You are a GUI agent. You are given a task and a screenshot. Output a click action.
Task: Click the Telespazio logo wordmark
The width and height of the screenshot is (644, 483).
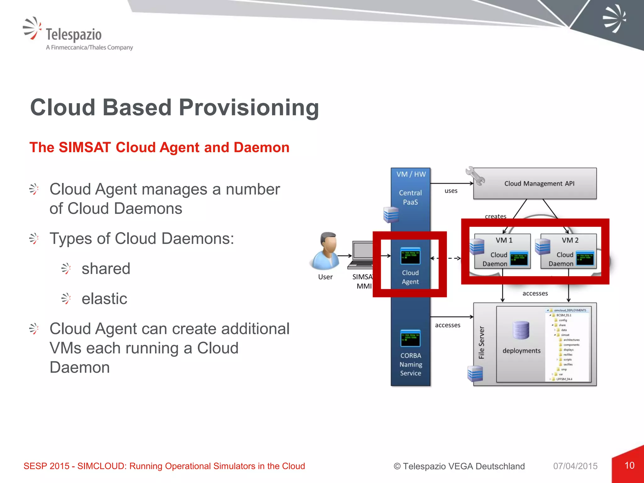coord(74,35)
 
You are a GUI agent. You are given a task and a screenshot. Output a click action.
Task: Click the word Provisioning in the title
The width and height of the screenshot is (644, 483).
coord(249,108)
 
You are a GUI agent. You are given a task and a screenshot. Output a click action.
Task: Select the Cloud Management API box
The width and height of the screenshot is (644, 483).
coord(539,184)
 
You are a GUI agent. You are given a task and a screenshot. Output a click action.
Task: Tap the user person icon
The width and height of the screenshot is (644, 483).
coord(326,251)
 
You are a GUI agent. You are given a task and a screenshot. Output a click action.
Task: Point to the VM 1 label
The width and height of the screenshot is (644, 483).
coord(504,240)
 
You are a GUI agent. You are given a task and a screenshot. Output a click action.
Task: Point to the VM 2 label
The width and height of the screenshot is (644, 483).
coord(570,240)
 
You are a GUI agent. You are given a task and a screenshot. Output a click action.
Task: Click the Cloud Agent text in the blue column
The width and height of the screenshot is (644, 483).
coord(410,277)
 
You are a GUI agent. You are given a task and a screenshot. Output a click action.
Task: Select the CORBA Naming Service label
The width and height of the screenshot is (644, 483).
coord(410,364)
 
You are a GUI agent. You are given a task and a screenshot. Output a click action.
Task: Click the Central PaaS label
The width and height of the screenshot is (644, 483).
coord(410,197)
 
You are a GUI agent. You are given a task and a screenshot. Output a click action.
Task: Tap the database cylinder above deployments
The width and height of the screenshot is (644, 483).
coord(521,330)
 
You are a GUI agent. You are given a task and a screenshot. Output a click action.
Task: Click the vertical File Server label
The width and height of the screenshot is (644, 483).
coord(481,342)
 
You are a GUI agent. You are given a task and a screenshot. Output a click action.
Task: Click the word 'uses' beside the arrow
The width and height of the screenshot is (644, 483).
coord(451,191)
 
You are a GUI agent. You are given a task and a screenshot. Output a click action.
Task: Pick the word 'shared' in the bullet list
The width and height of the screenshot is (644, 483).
coord(106,269)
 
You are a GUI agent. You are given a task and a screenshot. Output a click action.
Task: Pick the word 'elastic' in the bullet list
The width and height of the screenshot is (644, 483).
coord(104,299)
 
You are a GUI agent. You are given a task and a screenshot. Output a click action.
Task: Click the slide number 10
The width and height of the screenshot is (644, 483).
coord(629,465)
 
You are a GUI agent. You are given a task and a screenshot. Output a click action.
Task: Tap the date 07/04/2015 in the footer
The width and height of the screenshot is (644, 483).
coord(575,466)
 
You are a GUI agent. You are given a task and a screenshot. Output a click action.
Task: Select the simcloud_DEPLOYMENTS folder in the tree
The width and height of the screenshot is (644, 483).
coord(570,310)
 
